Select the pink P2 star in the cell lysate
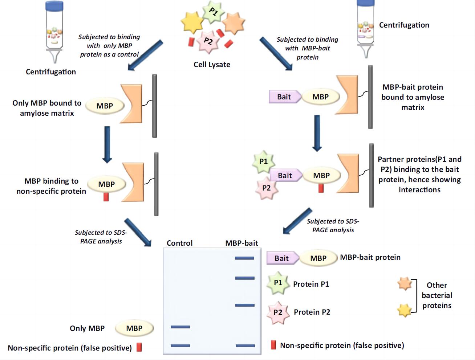pos(208,41)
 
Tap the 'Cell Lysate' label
pos(212,65)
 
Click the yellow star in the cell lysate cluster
pos(192,23)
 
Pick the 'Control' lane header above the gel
pos(179,243)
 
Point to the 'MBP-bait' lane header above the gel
pos(241,243)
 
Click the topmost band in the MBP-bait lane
pos(244,258)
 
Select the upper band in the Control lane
pos(180,327)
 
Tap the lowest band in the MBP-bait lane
pos(245,346)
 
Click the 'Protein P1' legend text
pos(311,284)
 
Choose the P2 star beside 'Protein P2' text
pos(278,312)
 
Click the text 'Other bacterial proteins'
pos(437,295)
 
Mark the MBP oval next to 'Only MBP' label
pos(134,328)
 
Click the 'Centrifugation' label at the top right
pos(404,25)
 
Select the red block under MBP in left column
pos(106,197)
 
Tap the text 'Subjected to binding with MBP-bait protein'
pos(307,48)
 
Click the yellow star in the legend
pos(404,310)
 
